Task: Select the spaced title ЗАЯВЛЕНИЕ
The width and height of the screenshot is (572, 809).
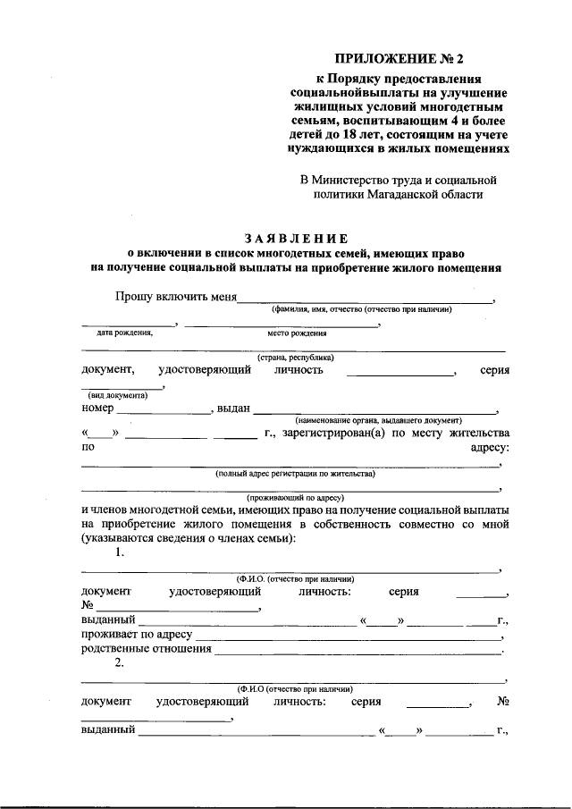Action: point(296,238)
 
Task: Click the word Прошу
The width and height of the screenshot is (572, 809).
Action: point(131,297)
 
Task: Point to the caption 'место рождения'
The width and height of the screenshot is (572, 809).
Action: point(296,333)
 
